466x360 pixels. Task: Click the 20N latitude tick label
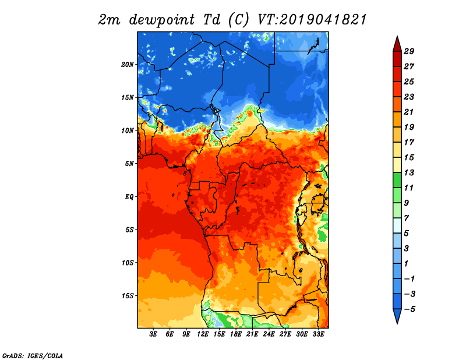[128, 65]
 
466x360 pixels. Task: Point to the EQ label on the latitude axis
[129, 197]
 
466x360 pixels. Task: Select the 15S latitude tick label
[128, 296]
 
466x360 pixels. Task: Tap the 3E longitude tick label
[153, 334]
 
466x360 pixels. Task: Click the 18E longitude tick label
[236, 334]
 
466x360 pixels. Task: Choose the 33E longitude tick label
[318, 334]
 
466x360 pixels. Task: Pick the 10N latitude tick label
[128, 131]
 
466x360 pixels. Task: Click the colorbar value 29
[409, 52]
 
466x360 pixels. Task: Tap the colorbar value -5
[409, 309]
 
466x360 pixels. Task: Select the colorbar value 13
[409, 173]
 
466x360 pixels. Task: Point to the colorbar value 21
[409, 112]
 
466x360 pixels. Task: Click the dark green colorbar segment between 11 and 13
[397, 180]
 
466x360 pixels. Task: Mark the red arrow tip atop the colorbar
[397, 36]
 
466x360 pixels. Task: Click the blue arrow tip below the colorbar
[397, 324]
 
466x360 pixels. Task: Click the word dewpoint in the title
[162, 20]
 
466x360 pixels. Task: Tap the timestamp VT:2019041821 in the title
[312, 20]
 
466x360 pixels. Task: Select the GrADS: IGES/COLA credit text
[33, 356]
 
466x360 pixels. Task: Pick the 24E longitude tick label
[269, 334]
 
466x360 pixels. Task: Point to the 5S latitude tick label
[129, 230]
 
